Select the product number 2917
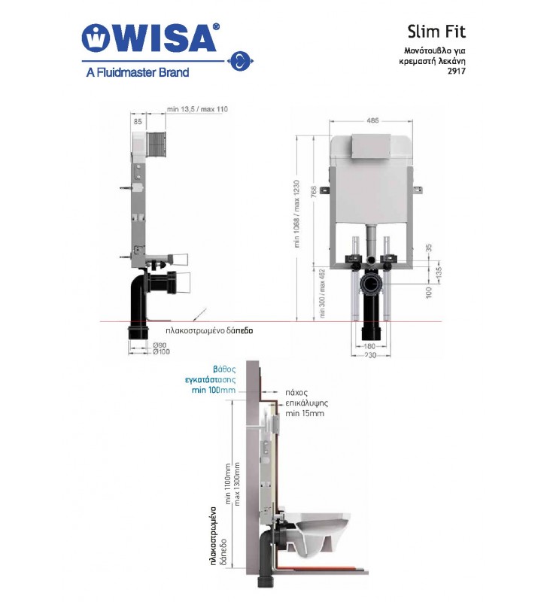click(x=455, y=72)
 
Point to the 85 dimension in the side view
click(x=138, y=120)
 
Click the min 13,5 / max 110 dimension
click(x=197, y=110)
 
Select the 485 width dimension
click(x=373, y=120)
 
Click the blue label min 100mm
click(x=213, y=391)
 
